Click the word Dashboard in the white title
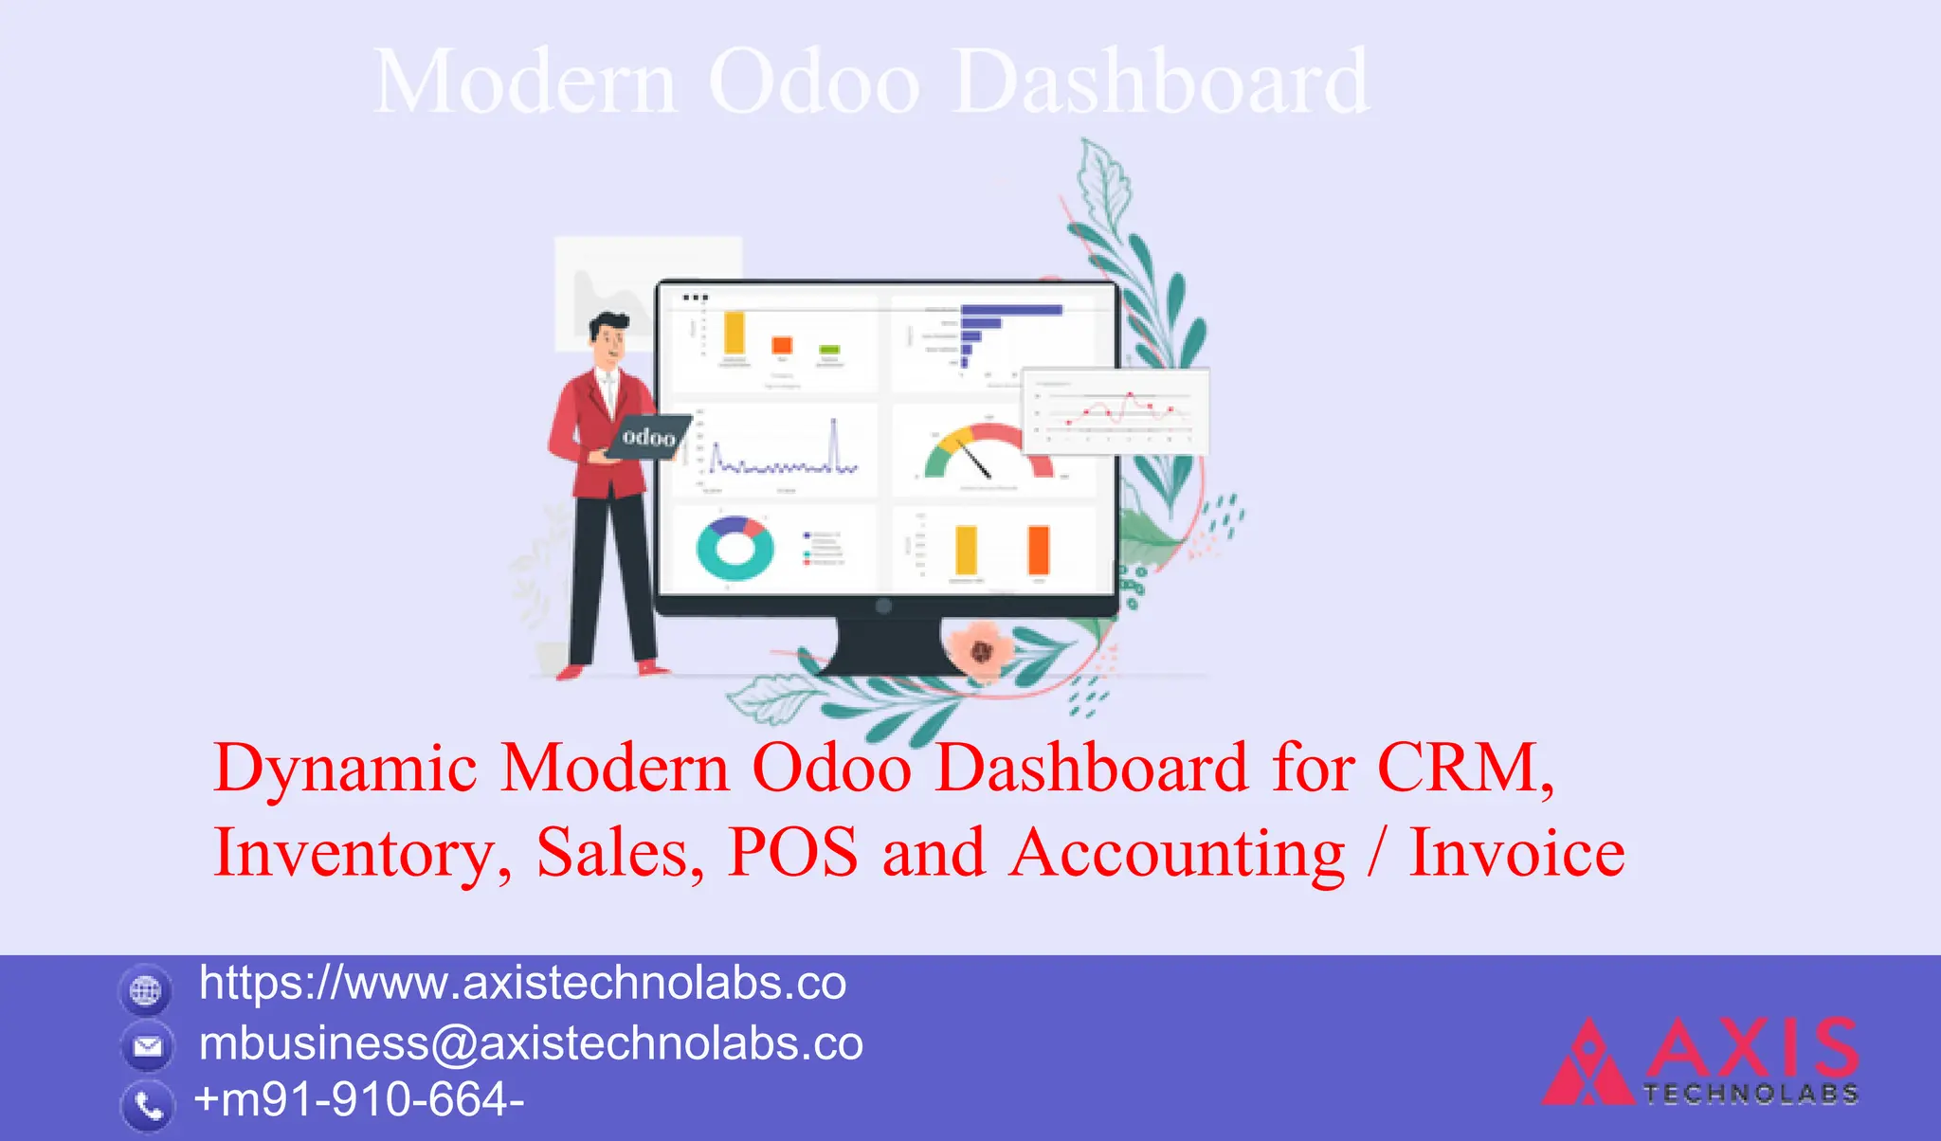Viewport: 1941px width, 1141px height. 1161,83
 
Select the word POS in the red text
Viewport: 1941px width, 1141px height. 792,852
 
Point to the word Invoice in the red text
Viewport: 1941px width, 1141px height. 1516,852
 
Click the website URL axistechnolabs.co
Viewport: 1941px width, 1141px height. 522,983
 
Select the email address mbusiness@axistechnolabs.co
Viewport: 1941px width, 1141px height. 531,1043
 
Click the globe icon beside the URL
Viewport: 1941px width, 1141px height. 146,991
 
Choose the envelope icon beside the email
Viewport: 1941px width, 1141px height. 147,1046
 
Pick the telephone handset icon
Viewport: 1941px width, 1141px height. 148,1105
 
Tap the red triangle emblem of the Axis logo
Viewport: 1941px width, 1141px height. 1586,1066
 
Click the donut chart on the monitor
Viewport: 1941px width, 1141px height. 735,549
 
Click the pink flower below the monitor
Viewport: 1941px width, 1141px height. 981,651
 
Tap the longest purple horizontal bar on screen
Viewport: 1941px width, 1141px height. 1011,310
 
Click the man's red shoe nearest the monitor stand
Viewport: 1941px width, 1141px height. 653,668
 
